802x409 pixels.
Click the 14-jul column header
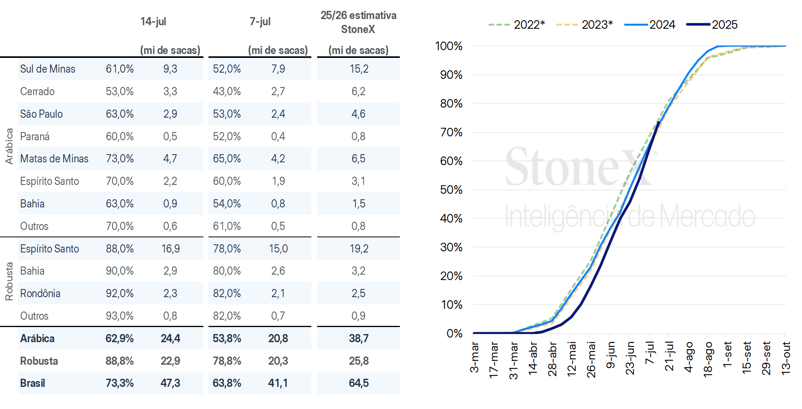(153, 21)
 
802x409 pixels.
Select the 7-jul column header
(260, 21)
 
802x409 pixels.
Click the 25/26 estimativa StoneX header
(358, 22)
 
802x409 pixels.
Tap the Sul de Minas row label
(48, 69)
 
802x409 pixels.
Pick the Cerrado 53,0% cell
(120, 91)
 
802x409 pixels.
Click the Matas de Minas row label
(54, 158)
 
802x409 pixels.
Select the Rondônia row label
(40, 293)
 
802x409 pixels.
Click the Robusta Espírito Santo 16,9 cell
(170, 249)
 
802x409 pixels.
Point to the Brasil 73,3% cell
(120, 383)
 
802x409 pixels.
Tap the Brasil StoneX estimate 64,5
(359, 383)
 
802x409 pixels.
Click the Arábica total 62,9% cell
(120, 338)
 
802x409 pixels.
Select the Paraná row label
(35, 136)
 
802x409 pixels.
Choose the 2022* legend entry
(517, 24)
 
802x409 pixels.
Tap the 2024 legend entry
(650, 24)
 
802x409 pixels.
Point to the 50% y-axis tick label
(451, 190)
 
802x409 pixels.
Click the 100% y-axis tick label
(449, 46)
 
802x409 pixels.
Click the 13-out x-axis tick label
(786, 358)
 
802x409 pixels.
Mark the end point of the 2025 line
(658, 123)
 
